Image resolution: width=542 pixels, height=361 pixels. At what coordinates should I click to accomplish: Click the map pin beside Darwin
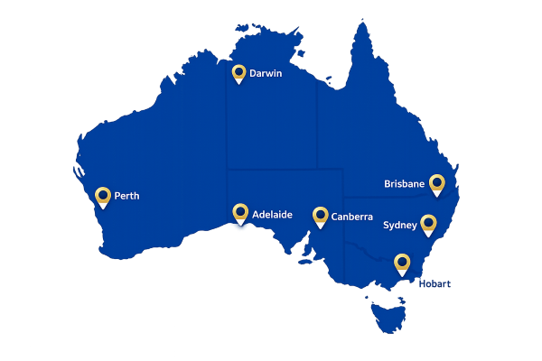(238, 73)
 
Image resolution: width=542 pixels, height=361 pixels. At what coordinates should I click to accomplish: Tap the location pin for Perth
(103, 196)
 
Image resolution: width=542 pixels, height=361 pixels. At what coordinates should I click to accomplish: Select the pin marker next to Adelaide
(240, 214)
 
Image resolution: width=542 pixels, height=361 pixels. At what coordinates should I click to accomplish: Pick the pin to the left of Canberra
(320, 217)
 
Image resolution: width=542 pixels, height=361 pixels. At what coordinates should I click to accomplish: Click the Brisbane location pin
(437, 184)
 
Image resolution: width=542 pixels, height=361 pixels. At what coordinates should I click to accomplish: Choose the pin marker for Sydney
(429, 224)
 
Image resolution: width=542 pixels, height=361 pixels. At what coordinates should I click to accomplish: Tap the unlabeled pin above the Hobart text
(402, 264)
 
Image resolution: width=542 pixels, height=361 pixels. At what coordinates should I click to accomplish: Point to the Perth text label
(126, 196)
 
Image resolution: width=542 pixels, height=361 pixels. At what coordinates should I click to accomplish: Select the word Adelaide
(272, 216)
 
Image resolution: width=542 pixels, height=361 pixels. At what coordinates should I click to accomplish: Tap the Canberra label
(351, 217)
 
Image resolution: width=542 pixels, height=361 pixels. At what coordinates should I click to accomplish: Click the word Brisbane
(404, 183)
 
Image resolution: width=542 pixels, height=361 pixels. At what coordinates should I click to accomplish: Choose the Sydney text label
(400, 225)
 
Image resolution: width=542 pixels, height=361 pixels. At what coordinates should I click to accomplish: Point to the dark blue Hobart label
(435, 283)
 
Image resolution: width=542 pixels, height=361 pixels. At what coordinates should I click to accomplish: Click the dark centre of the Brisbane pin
(437, 181)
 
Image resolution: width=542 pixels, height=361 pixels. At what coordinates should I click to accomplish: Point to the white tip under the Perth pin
(103, 206)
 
